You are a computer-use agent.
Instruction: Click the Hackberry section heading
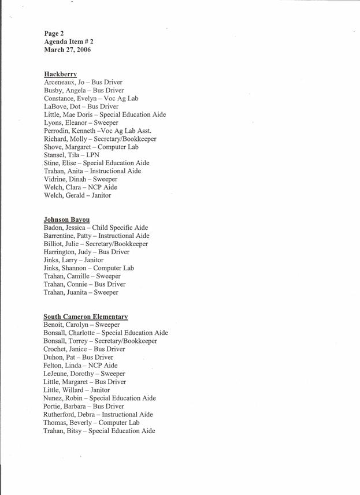[60, 75]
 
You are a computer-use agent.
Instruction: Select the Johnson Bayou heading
[66, 220]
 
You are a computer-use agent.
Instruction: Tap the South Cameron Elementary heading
[86, 317]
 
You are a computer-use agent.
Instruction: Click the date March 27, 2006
[67, 50]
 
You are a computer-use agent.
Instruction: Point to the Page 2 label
[54, 34]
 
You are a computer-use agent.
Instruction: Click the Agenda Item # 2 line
[68, 42]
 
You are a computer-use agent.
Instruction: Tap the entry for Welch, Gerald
[77, 196]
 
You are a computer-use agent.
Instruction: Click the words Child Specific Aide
[120, 228]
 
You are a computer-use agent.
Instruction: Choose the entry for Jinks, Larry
[73, 260]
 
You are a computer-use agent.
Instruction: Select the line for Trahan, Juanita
[81, 293]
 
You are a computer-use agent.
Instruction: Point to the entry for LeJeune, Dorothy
[84, 374]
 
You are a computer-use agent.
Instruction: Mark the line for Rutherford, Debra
[98, 415]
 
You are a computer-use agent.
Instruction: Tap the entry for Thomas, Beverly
[91, 423]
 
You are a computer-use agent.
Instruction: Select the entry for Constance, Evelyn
[91, 99]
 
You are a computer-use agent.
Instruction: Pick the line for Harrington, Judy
[86, 252]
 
